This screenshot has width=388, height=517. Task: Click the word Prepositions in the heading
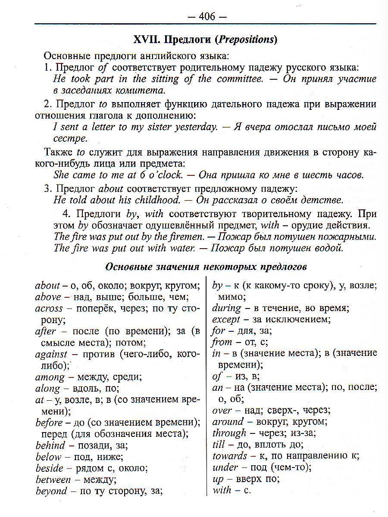coord(246,40)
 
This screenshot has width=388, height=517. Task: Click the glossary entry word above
coord(48,296)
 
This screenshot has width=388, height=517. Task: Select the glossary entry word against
coord(51,354)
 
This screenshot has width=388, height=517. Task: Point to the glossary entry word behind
coord(50,445)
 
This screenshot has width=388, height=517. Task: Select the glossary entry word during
coord(227,308)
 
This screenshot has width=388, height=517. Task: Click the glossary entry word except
coord(226,320)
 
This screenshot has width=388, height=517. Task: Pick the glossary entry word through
coord(229,433)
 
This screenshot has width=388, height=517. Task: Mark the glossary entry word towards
coord(230,455)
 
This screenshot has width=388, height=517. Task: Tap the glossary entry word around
coord(228,421)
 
